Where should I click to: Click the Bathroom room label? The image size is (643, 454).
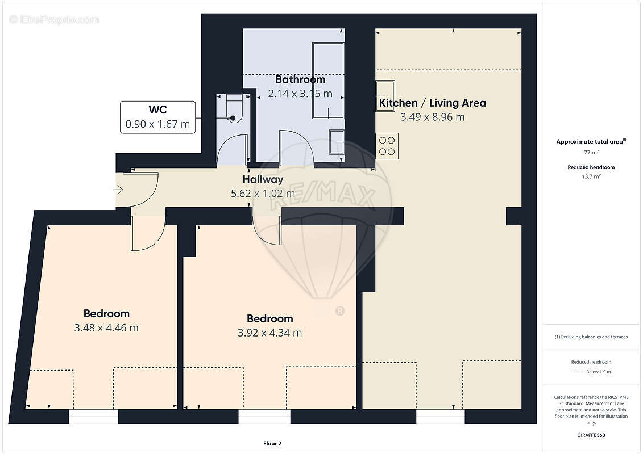pyautogui.click(x=300, y=79)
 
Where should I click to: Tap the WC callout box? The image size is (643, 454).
pyautogui.click(x=157, y=117)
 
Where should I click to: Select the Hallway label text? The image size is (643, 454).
pyautogui.click(x=263, y=179)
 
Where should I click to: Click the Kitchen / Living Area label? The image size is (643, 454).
pyautogui.click(x=433, y=103)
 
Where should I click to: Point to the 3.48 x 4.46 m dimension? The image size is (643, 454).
pyautogui.click(x=106, y=328)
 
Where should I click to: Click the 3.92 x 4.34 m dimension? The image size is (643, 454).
pyautogui.click(x=270, y=333)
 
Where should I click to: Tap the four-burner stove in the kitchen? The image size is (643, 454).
pyautogui.click(x=387, y=146)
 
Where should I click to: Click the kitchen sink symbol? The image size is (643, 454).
pyautogui.click(x=385, y=96)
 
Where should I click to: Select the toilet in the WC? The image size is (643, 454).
pyautogui.click(x=233, y=108)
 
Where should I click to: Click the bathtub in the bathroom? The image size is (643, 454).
pyautogui.click(x=328, y=80)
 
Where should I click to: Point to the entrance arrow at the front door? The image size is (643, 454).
pyautogui.click(x=118, y=190)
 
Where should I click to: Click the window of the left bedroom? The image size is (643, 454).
pyautogui.click(x=93, y=417)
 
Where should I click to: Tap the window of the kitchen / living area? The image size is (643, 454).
pyautogui.click(x=441, y=417)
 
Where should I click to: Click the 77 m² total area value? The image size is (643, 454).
pyautogui.click(x=591, y=152)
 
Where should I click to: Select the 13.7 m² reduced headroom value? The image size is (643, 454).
pyautogui.click(x=591, y=176)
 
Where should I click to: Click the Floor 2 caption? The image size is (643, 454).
pyautogui.click(x=272, y=443)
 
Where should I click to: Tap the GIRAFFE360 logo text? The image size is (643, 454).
pyautogui.click(x=591, y=435)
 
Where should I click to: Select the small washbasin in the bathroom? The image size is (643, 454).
pyautogui.click(x=337, y=142)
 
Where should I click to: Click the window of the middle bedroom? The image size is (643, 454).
pyautogui.click(x=264, y=417)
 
